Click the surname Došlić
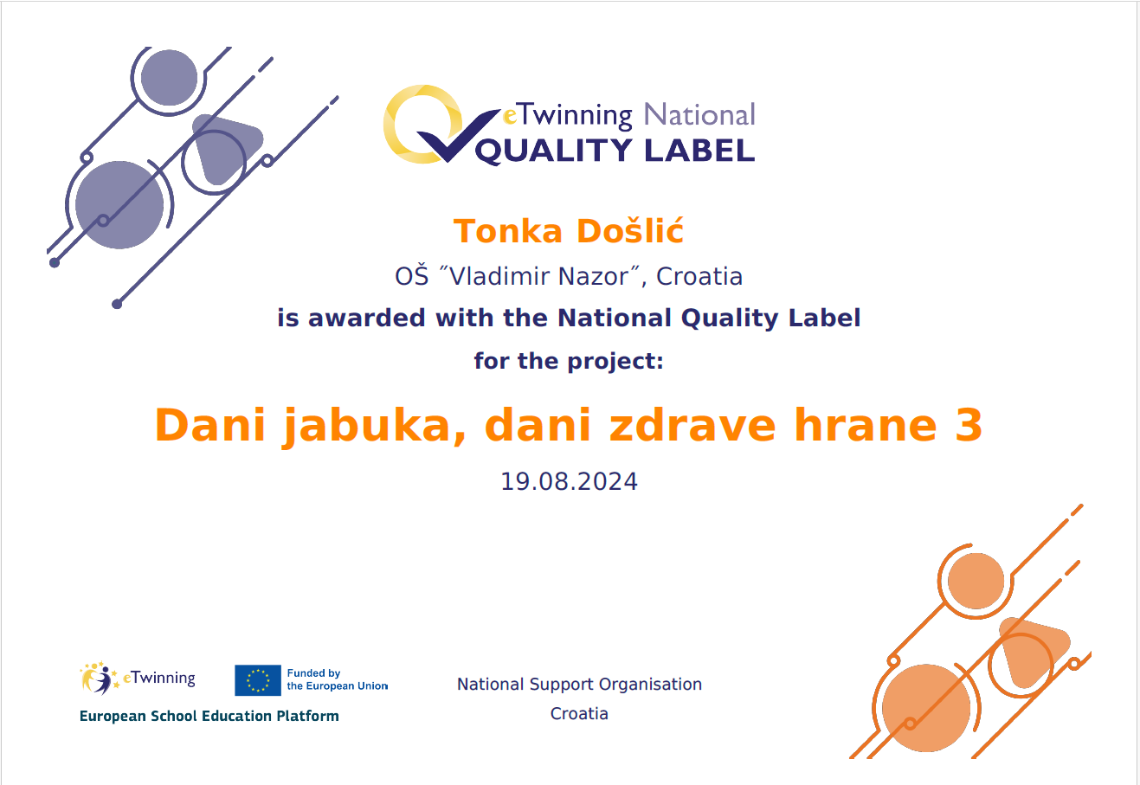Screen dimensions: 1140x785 (x=630, y=230)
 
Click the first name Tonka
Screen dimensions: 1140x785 (x=507, y=231)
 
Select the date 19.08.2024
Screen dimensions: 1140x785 (x=569, y=481)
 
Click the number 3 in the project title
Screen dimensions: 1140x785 (x=969, y=425)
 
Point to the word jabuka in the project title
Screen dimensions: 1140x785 (x=375, y=426)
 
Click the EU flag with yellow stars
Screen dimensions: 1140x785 (x=258, y=680)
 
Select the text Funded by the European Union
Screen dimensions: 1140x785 (x=337, y=679)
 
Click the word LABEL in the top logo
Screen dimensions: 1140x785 (x=699, y=151)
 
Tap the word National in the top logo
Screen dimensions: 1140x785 (x=699, y=115)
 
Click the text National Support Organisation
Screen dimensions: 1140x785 (x=579, y=685)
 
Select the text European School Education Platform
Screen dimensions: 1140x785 (x=209, y=716)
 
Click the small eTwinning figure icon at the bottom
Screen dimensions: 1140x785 (x=98, y=679)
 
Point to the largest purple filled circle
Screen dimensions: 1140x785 (x=119, y=205)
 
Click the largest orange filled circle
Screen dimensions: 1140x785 (x=925, y=708)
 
